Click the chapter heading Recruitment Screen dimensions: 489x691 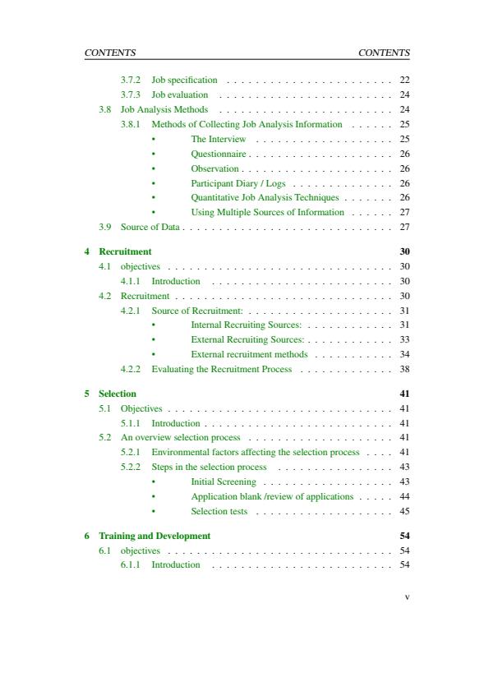pyautogui.click(x=125, y=251)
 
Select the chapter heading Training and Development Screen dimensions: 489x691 pyautogui.click(x=155, y=536)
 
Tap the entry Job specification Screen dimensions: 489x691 pyautogui.click(x=184, y=80)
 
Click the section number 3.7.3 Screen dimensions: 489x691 pyautogui.click(x=131, y=94)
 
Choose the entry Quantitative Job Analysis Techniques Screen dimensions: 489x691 pyautogui.click(x=265, y=198)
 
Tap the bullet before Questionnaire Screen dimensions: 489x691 pyautogui.click(x=154, y=154)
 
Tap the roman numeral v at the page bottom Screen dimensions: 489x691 pyautogui.click(x=406, y=597)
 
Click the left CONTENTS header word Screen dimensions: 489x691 pyautogui.click(x=110, y=53)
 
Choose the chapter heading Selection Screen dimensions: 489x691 pyautogui.click(x=118, y=394)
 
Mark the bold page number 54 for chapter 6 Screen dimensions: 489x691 pyautogui.click(x=404, y=536)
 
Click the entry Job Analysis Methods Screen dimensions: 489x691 pyautogui.click(x=164, y=109)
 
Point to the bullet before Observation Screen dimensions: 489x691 pyautogui.click(x=154, y=169)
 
